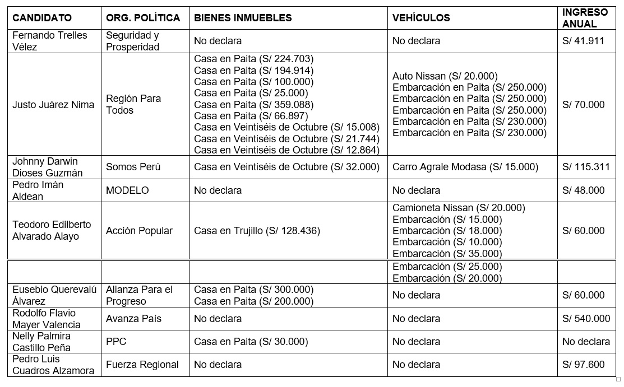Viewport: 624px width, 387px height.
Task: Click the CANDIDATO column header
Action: coord(42,18)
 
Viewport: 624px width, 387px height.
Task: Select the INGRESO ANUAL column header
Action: coord(585,18)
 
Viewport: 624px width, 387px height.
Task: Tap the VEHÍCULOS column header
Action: coord(421,18)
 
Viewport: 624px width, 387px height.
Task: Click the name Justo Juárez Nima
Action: coord(53,105)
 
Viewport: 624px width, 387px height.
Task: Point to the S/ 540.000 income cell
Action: coord(586,319)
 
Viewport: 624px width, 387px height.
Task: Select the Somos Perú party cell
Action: coord(133,167)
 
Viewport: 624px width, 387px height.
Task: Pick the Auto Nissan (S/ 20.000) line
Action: coord(445,76)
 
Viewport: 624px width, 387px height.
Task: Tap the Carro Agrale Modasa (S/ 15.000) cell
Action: coord(465,167)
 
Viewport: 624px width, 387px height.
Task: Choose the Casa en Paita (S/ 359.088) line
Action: coord(253,105)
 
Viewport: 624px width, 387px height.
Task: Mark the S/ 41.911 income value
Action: coord(583,41)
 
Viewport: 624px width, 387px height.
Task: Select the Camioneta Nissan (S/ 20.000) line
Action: coord(459,208)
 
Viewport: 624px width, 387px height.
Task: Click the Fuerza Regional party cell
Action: coord(142,365)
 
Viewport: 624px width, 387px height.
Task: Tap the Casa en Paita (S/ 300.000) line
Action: coord(253,290)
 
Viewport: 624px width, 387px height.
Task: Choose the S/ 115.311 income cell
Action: coord(586,167)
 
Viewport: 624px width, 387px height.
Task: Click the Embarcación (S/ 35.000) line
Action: coord(447,254)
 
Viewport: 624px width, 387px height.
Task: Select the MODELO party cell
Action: coord(127,190)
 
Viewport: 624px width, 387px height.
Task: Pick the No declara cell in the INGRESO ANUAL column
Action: coord(586,342)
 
